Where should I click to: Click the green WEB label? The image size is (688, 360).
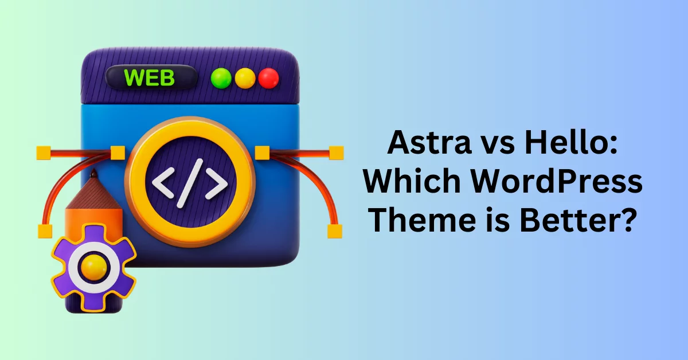[150, 78]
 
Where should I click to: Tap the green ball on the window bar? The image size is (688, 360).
[221, 78]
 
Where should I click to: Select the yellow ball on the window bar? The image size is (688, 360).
[245, 78]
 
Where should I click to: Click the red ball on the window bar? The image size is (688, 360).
[269, 78]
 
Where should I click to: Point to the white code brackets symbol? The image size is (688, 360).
[190, 183]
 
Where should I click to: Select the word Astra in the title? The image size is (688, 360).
[429, 143]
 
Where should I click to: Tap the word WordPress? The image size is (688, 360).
[557, 182]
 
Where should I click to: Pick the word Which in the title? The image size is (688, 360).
[412, 181]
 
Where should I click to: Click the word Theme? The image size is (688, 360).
[424, 220]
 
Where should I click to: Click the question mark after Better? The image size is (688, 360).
[625, 220]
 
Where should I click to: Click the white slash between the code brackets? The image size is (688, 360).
[190, 183]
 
